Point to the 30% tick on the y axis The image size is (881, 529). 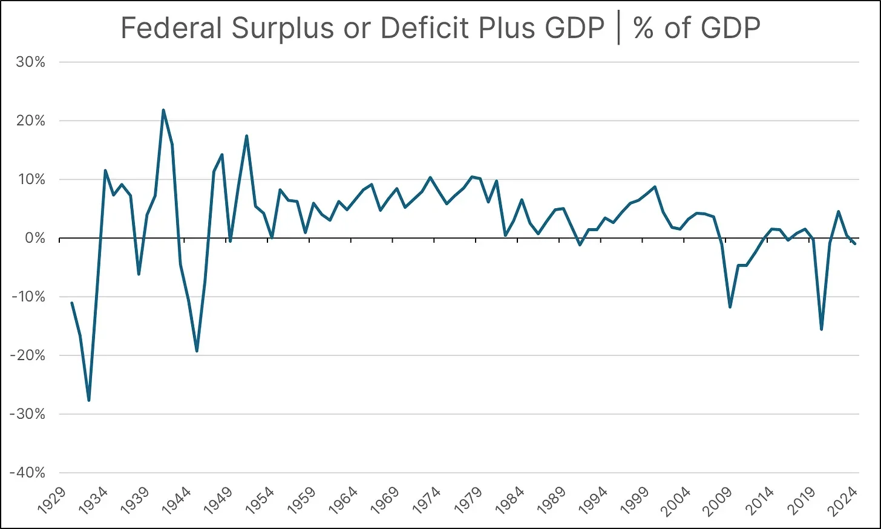pos(31,62)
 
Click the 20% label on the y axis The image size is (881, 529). pos(31,120)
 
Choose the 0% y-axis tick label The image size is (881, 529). pos(34,238)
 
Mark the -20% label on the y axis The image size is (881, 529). pos(28,355)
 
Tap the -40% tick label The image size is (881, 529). pos(28,473)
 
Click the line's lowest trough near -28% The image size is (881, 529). pos(89,400)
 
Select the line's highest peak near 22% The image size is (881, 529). pos(163,110)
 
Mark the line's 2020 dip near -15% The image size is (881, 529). pos(821,329)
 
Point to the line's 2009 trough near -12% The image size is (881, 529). pos(730,307)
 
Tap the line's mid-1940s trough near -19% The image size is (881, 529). pos(197,350)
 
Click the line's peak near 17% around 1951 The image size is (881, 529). pos(246,136)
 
